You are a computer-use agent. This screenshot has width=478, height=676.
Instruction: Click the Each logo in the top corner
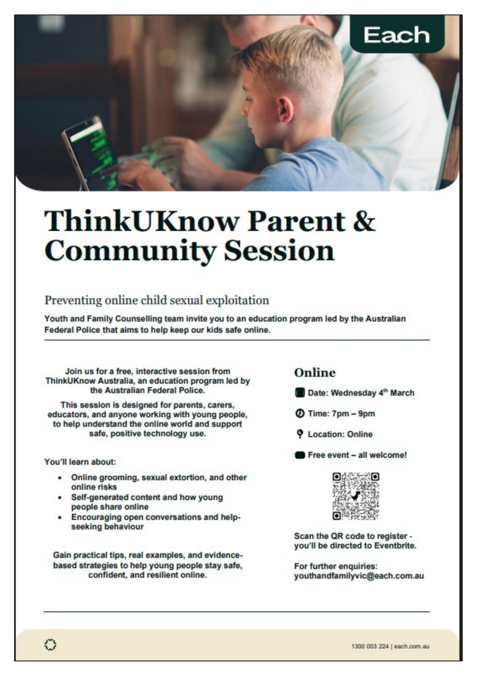pos(397,35)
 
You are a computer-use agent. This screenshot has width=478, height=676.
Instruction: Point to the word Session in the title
pos(279,251)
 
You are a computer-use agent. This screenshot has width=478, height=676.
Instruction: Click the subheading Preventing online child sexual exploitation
pos(157,300)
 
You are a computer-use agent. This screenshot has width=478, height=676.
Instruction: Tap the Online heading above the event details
pos(315,373)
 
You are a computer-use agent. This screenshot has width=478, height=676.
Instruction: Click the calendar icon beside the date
pos(299,393)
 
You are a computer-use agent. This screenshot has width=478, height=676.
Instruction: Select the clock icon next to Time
pos(299,413)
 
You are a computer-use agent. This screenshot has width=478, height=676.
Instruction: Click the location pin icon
pos(299,434)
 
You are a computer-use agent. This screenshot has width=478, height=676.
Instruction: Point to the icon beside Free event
pos(299,455)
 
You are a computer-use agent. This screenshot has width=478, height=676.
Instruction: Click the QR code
pos(356,496)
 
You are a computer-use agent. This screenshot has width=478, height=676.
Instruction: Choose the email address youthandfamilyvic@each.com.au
pos(359,576)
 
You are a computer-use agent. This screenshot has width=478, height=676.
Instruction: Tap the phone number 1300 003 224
pos(370,646)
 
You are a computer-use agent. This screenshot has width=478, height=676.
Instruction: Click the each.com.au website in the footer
pos(412,646)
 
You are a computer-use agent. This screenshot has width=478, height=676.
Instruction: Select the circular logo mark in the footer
pos(50,645)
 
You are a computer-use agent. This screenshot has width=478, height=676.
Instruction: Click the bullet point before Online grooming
pos(60,478)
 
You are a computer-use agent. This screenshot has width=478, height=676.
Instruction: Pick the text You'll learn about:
pos(80,462)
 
